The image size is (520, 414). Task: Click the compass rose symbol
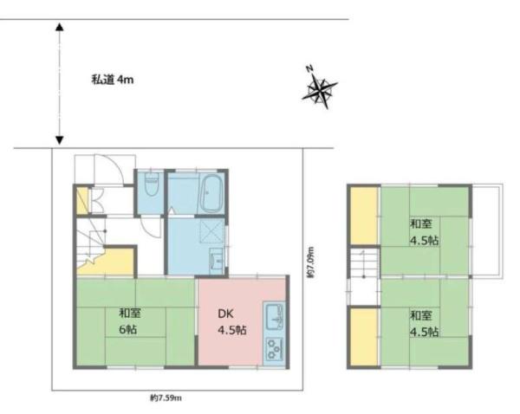319,87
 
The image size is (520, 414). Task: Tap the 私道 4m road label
113,80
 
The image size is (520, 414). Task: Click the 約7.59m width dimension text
166,398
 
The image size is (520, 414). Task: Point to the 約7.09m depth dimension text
310,262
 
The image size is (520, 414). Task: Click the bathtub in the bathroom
211,194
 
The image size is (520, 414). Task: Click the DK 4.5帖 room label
231,322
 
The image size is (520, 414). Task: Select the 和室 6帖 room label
130,320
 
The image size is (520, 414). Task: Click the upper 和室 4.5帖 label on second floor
424,232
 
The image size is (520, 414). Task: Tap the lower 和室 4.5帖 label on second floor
424,324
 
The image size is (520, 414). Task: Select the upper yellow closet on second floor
364,216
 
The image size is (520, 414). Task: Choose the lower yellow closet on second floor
364,337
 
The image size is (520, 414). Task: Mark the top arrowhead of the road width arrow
59,27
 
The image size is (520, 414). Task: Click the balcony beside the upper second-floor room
487,230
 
